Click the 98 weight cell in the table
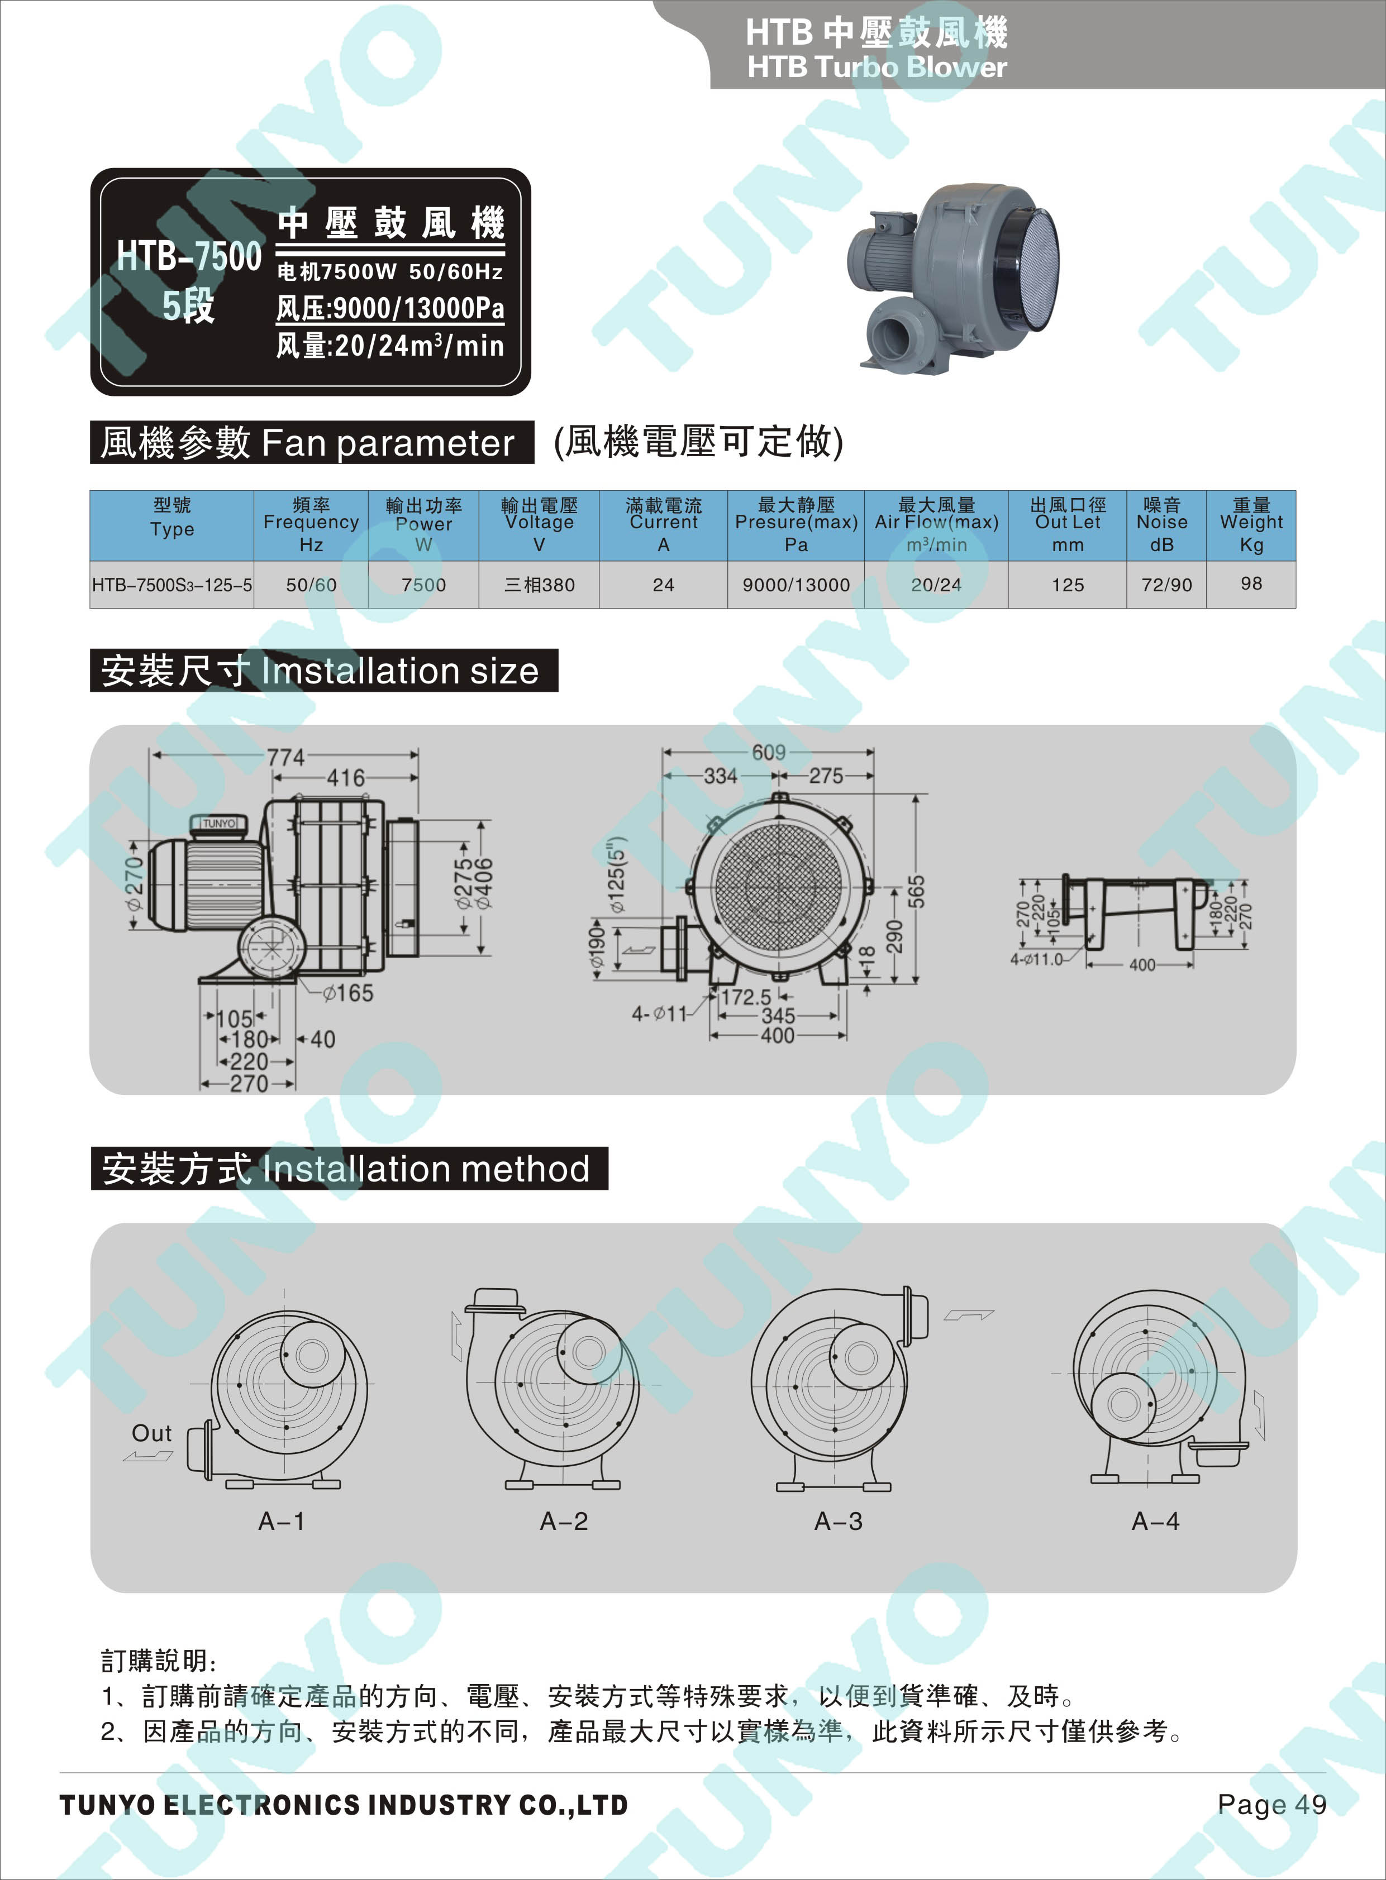click(x=1250, y=583)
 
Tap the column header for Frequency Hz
click(x=311, y=525)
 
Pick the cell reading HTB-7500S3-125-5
click(x=172, y=585)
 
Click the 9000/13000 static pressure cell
click(x=796, y=585)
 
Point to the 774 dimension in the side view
click(x=286, y=757)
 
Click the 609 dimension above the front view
click(x=769, y=752)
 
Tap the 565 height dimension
click(x=916, y=891)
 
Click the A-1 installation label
click(x=282, y=1521)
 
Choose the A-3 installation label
click(x=838, y=1521)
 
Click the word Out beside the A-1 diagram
click(x=152, y=1433)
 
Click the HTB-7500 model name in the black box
click(x=189, y=256)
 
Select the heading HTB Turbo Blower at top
click(x=877, y=66)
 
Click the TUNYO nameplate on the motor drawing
click(x=219, y=824)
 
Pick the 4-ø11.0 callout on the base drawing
click(x=1036, y=959)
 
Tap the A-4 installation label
click(x=1155, y=1521)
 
